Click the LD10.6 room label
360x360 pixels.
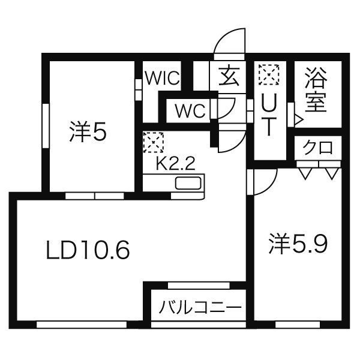coord(88,250)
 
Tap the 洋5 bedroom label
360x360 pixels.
coord(88,132)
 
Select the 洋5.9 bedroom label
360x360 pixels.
coord(298,244)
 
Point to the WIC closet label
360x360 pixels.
coord(163,78)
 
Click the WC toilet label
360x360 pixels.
coord(190,110)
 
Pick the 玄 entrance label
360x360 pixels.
coord(229,76)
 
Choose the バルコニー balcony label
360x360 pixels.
coord(200,307)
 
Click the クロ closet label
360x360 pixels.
coord(317,148)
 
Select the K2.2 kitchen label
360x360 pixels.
coord(175,163)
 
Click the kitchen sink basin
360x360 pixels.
coord(188,183)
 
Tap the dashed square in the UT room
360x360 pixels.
coord(269,74)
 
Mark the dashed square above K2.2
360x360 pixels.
coord(153,142)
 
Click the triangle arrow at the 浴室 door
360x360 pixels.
coord(299,119)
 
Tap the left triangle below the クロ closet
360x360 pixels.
coord(305,174)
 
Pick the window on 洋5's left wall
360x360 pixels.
coord(46,126)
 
